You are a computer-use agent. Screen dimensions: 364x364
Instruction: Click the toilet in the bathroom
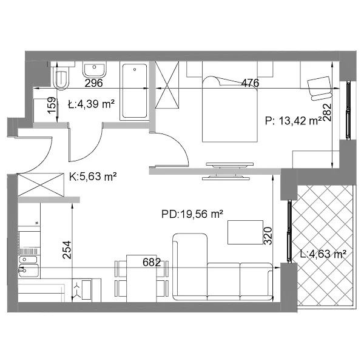[x=61, y=76]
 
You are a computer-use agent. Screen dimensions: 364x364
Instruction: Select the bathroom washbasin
[x=94, y=69]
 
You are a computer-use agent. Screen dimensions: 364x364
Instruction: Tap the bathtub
[x=135, y=91]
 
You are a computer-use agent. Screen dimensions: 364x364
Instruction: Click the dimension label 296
[x=93, y=83]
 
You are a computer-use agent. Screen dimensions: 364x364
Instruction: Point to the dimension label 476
[x=250, y=83]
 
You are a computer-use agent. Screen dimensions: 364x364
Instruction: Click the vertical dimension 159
[x=52, y=105]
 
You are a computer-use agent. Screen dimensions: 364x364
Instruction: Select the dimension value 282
[x=327, y=113]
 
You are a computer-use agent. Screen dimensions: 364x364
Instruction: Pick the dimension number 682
[x=152, y=262]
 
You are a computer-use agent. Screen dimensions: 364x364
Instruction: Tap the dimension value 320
[x=268, y=236]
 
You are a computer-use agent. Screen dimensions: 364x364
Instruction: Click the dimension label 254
[x=67, y=250]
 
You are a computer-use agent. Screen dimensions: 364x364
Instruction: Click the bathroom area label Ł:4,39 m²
[x=91, y=104]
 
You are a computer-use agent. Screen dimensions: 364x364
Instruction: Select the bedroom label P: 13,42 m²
[x=294, y=121]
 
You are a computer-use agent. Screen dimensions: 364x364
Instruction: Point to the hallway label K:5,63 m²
[x=93, y=177]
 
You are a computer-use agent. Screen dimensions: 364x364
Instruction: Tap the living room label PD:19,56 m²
[x=192, y=214]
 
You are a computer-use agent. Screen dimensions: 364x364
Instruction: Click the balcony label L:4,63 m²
[x=323, y=254]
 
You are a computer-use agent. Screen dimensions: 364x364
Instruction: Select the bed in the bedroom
[x=230, y=109]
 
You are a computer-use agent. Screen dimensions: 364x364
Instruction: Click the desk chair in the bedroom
[x=320, y=88]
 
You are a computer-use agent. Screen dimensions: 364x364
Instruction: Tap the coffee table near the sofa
[x=245, y=232]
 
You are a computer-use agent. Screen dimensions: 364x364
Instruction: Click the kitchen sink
[x=29, y=266]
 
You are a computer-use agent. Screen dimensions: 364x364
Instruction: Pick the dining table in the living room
[x=141, y=278]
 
